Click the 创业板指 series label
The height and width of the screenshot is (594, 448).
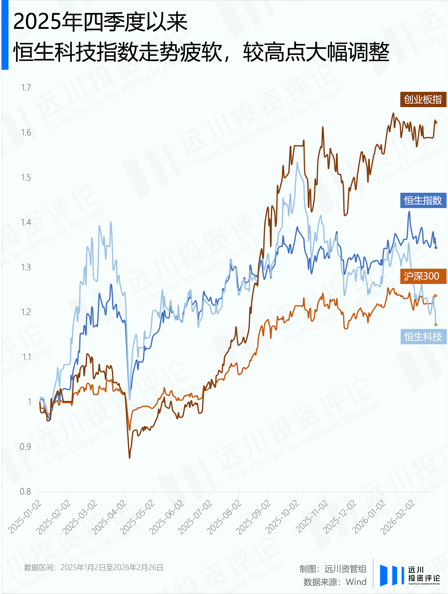click(x=423, y=100)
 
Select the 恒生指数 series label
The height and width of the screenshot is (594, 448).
click(x=423, y=200)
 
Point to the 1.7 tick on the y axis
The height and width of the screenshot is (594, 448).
click(x=26, y=88)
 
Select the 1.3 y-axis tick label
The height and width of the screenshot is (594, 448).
click(x=26, y=267)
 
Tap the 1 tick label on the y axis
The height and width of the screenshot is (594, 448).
click(x=29, y=402)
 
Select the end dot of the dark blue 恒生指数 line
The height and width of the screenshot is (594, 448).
click(x=436, y=248)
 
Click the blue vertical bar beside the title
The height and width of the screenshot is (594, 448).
click(x=5, y=35)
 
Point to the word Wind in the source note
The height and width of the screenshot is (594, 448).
click(x=356, y=582)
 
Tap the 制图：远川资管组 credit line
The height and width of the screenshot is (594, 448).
click(x=333, y=569)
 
